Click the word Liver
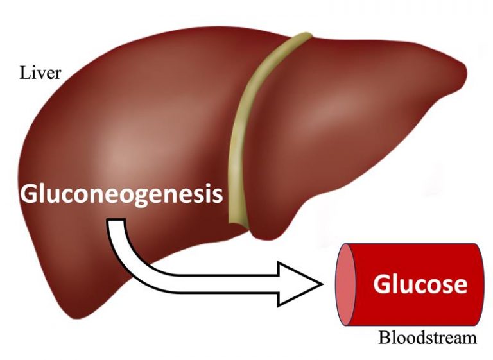[x=40, y=72]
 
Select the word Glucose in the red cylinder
[x=420, y=283]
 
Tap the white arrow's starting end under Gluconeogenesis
[x=116, y=225]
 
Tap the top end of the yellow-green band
[x=295, y=40]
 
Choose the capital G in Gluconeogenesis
[x=30, y=193]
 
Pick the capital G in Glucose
[x=382, y=283]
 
